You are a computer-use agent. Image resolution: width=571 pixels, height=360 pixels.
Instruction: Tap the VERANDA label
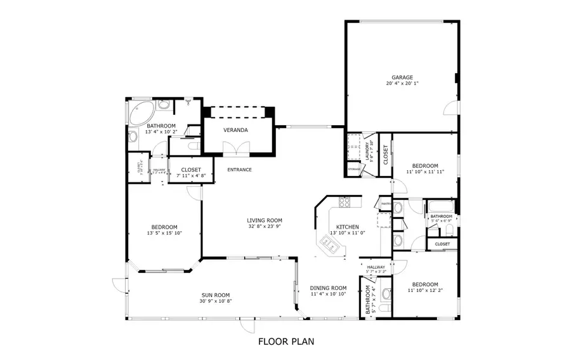[x=235, y=130]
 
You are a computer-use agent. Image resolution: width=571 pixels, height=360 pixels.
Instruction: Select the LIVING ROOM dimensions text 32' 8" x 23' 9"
[x=264, y=227]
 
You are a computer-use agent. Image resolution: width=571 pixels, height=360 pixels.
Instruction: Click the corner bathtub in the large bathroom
[x=139, y=114]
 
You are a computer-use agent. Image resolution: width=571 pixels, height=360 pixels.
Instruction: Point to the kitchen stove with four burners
[x=345, y=203]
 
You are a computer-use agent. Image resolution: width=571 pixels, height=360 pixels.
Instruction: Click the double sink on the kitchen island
[x=330, y=243]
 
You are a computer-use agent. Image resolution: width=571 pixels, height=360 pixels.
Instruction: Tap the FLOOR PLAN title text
[x=285, y=341]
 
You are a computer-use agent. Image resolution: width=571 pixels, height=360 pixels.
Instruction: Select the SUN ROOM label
[x=216, y=295]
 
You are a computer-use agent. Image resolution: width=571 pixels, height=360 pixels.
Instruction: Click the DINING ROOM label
[x=329, y=288]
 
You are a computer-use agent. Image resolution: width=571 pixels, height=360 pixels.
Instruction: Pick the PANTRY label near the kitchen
[x=385, y=204]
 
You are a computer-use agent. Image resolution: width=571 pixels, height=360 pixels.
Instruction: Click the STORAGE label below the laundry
[x=353, y=169]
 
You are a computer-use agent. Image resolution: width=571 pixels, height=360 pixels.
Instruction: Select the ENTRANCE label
[x=240, y=170]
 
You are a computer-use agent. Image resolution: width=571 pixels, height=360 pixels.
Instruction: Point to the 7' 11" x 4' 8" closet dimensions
[x=191, y=176]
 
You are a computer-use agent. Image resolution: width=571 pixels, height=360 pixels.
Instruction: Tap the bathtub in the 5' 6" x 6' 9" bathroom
[x=440, y=206]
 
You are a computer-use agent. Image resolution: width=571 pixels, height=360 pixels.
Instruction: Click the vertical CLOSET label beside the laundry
[x=385, y=154]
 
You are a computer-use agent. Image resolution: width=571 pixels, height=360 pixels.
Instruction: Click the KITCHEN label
[x=348, y=227]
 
